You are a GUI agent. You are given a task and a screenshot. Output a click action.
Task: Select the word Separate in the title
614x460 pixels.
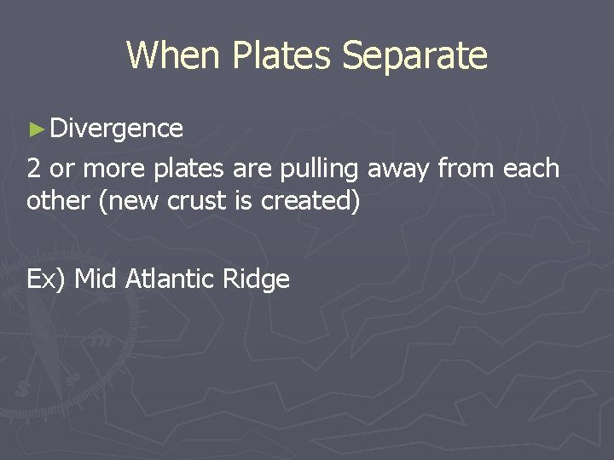(414, 55)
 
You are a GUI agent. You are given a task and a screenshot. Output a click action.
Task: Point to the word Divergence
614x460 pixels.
(117, 129)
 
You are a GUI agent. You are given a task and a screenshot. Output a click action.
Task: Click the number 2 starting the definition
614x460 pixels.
(34, 169)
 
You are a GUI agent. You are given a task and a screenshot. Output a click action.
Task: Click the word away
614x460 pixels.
(399, 169)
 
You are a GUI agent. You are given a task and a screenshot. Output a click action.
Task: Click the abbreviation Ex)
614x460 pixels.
(47, 279)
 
